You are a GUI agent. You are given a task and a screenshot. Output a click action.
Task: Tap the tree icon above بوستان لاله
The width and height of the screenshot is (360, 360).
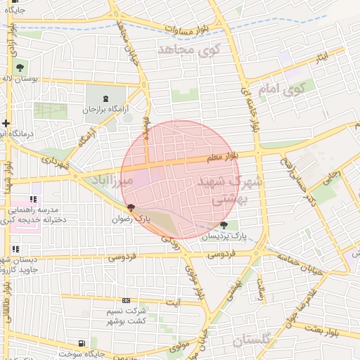tap(19, 68)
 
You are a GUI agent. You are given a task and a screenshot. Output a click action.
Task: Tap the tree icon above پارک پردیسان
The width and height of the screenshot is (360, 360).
tap(224, 225)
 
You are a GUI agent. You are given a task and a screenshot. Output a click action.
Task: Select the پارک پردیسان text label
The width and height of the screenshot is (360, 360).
tap(225, 237)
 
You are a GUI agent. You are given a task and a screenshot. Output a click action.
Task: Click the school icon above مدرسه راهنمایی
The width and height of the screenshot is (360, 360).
tap(33, 200)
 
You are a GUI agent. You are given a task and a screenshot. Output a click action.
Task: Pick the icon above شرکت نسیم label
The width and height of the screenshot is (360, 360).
tap(126, 300)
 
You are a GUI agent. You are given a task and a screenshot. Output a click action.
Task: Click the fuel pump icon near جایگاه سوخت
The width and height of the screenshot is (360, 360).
tap(83, 343)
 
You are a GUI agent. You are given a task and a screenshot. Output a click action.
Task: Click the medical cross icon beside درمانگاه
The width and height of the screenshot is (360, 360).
tap(6, 124)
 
